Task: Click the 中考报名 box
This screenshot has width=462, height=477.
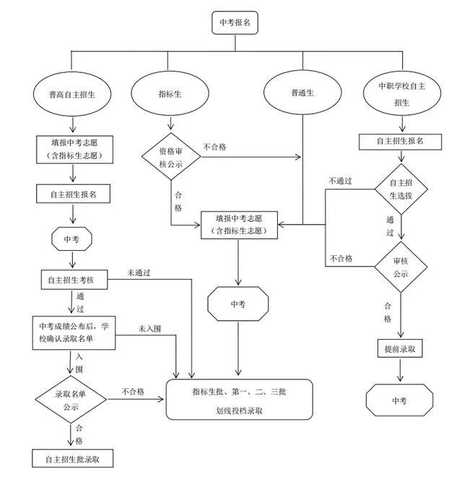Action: point(234,24)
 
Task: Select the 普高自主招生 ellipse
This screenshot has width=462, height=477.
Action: point(73,94)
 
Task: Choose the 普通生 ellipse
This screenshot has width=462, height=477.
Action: point(302,93)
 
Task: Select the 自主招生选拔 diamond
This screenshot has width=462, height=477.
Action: point(401,189)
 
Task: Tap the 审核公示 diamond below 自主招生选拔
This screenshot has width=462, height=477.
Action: point(401,267)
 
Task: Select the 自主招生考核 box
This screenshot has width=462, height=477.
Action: point(74,280)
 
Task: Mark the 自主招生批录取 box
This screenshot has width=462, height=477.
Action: point(73,458)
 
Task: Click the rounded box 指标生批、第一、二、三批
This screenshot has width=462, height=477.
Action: point(240,399)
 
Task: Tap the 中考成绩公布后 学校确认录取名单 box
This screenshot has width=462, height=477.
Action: point(74,332)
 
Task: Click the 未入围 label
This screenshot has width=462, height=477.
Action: point(150,329)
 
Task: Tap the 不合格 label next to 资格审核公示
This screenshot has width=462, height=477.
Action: point(214,147)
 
